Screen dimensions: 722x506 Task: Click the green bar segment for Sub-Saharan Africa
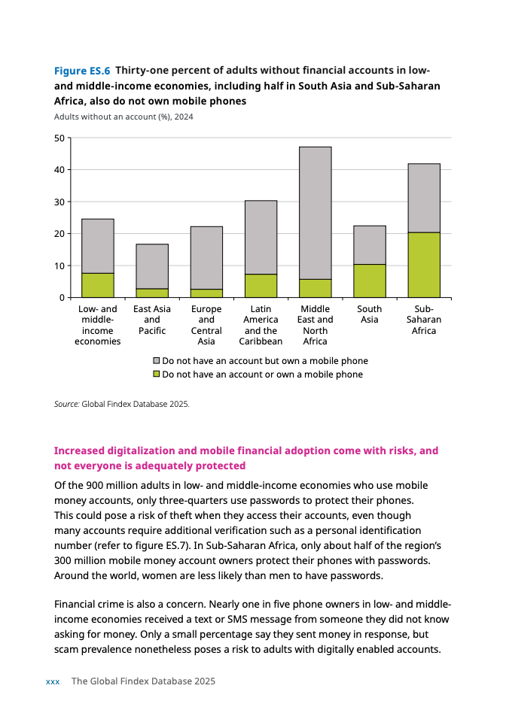click(x=424, y=265)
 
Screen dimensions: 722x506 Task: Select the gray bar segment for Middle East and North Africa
click(x=315, y=213)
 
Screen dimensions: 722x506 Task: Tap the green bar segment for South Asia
click(x=370, y=281)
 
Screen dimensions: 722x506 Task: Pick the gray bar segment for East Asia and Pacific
click(x=152, y=266)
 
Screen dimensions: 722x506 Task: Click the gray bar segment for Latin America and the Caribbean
click(x=261, y=238)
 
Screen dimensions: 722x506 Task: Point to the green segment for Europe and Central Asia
click(x=206, y=293)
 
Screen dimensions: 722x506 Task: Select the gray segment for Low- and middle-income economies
click(x=98, y=246)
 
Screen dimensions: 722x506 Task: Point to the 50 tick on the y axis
click(x=59, y=138)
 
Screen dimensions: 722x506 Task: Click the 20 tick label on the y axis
click(x=59, y=234)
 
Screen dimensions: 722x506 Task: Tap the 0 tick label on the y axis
click(x=62, y=298)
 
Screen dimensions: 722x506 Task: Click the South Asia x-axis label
click(x=370, y=314)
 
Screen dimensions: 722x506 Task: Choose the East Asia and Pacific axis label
click(x=152, y=320)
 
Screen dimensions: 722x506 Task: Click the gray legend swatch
click(x=157, y=361)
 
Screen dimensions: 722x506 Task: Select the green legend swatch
click(x=157, y=375)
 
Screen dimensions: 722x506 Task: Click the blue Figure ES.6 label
click(x=82, y=71)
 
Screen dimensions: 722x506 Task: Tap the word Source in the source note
click(x=66, y=404)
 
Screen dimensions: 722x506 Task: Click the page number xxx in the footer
click(x=53, y=681)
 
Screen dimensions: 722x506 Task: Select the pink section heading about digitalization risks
click(x=246, y=458)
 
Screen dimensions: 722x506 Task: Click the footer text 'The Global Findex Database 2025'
click(x=143, y=681)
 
